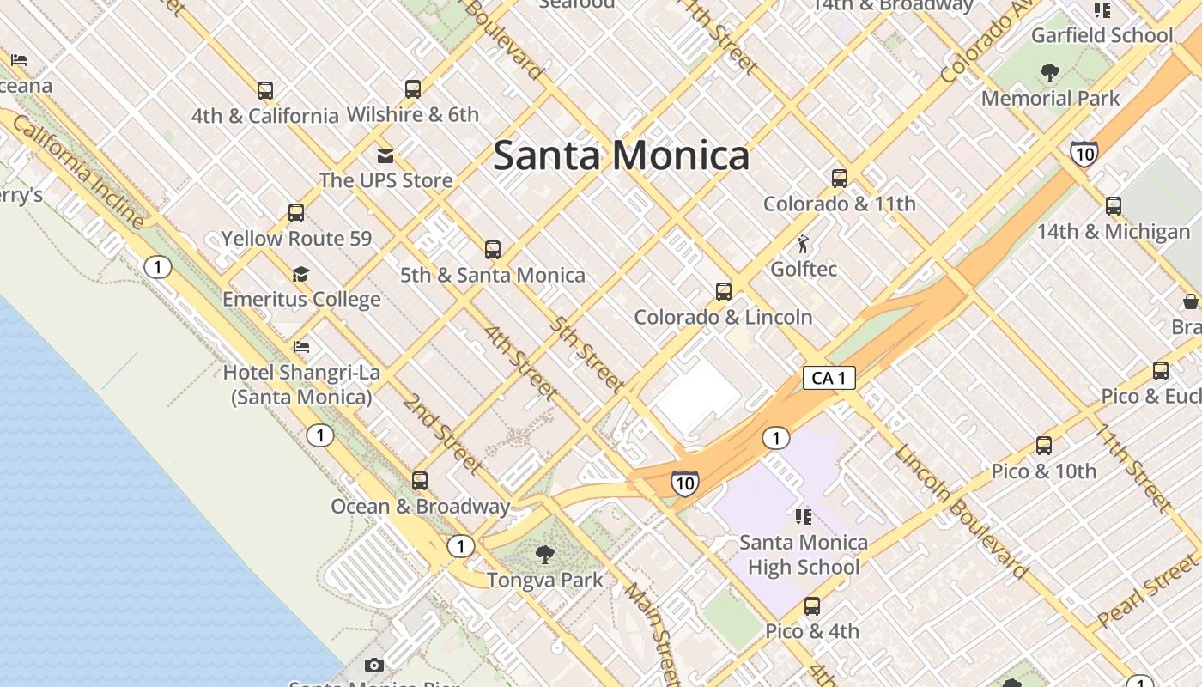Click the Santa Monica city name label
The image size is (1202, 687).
(x=621, y=155)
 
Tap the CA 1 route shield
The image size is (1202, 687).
(x=829, y=378)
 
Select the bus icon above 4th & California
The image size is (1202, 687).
(x=265, y=90)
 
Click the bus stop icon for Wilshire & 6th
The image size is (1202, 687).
(x=413, y=88)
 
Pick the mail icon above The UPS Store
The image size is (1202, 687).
(x=385, y=155)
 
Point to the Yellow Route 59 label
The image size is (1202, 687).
(x=297, y=238)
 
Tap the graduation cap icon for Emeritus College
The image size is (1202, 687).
(x=300, y=275)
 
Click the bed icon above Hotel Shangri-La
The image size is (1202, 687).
(x=301, y=347)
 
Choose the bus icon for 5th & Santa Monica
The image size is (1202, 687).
(x=493, y=250)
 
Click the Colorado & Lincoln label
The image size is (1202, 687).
(x=723, y=317)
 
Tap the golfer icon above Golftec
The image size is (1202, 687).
(x=804, y=244)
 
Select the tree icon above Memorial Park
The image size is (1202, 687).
(x=1049, y=73)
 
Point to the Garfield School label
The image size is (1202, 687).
(x=1102, y=35)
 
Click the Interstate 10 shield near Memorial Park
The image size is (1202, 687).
(x=1084, y=154)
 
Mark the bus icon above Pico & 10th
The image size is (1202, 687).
(x=1044, y=446)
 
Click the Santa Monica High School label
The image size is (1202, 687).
(x=804, y=555)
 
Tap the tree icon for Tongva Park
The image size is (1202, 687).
(x=544, y=555)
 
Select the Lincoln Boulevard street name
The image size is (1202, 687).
(x=962, y=511)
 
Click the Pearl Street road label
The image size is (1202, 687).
(x=1147, y=592)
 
